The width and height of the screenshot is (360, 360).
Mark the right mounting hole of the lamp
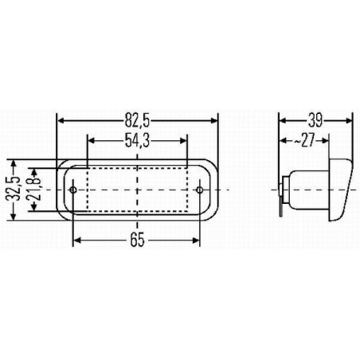pyautogui.click(x=200, y=190)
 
